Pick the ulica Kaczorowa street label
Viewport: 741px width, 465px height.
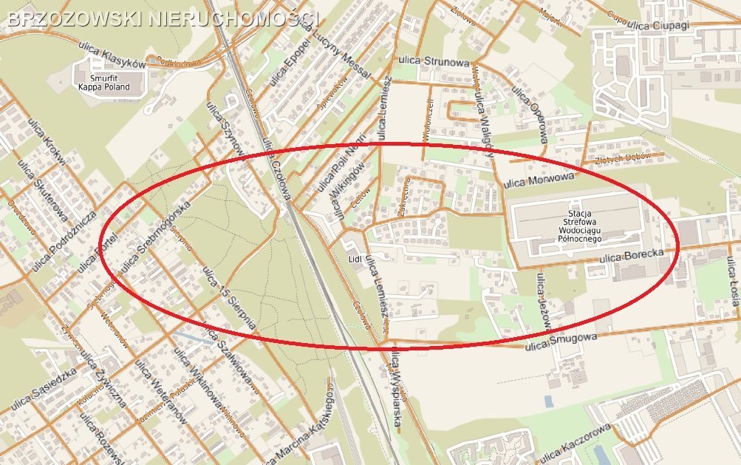[x=575, y=442]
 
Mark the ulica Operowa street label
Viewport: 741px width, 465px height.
[x=530, y=115]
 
